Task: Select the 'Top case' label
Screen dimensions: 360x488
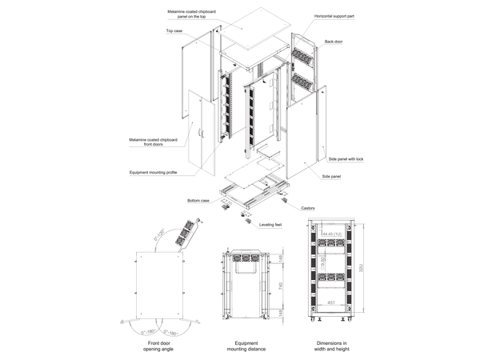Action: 174,30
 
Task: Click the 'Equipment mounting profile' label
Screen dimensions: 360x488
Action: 153,172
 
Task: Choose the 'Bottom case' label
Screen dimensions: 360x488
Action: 198,200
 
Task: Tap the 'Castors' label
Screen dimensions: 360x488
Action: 309,208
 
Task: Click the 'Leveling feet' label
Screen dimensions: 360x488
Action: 270,226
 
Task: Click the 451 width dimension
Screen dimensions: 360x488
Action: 330,302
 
